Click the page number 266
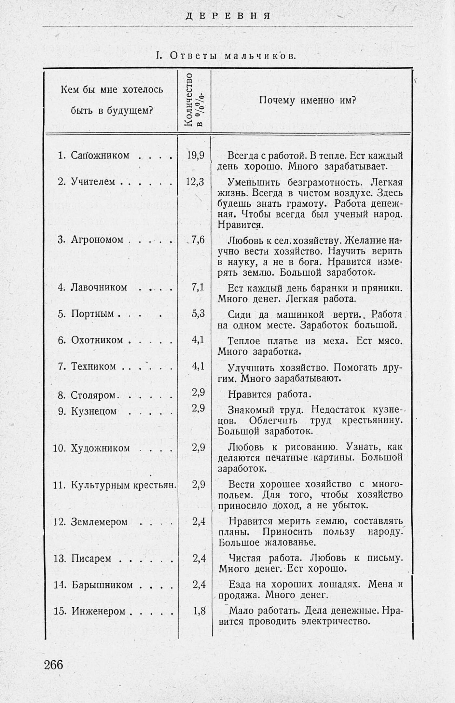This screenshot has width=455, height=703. pyautogui.click(x=54, y=664)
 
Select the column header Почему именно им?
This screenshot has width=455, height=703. pyautogui.click(x=308, y=100)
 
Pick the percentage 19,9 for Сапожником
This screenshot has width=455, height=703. pyautogui.click(x=196, y=155)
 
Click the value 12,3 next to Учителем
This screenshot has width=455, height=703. pyautogui.click(x=195, y=182)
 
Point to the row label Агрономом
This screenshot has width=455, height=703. pyautogui.click(x=97, y=240)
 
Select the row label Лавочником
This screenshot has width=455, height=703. pyautogui.click(x=99, y=287)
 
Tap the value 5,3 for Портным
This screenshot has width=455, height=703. pyautogui.click(x=198, y=313)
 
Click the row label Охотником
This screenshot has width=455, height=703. pyautogui.click(x=97, y=340)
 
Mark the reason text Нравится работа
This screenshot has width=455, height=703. pyautogui.click(x=270, y=394)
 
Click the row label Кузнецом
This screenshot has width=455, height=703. pyautogui.click(x=94, y=411)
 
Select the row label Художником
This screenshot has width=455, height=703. pyautogui.click(x=101, y=448)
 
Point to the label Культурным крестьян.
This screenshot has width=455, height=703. pyautogui.click(x=123, y=485)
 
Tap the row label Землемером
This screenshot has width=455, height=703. pyautogui.click(x=99, y=522)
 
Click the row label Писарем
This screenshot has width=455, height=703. pyautogui.click(x=91, y=558)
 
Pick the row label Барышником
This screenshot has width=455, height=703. pyautogui.click(x=102, y=585)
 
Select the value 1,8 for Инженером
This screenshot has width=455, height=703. pyautogui.click(x=199, y=611)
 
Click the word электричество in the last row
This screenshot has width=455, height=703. pyautogui.click(x=336, y=621)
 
